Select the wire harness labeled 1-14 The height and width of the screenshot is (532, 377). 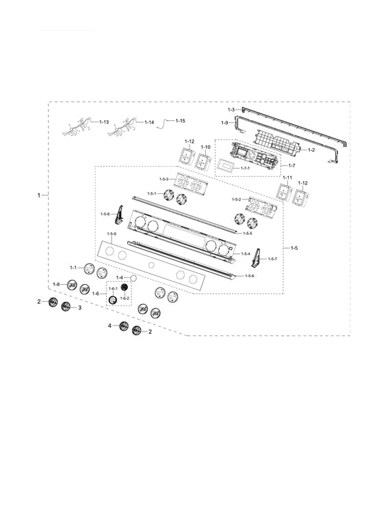pos(125,126)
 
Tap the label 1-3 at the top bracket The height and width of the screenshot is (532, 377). pos(231,110)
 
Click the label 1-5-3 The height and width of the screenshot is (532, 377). pos(164,179)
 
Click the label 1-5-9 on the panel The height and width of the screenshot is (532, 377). pos(111,235)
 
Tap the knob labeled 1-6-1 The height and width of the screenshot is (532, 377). pos(113,302)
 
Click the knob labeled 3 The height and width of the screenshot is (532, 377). pos(66,307)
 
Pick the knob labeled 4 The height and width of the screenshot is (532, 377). pos(124,326)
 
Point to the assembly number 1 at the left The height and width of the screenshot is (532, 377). pos(39,195)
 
